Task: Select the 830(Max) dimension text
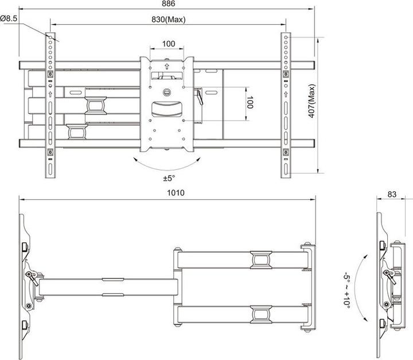(168, 19)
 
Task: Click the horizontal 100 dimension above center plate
(168, 44)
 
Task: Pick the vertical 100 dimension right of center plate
(250, 104)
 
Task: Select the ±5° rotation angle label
(168, 177)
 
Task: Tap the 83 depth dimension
(392, 195)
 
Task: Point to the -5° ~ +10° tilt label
(347, 291)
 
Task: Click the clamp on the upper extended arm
(260, 260)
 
